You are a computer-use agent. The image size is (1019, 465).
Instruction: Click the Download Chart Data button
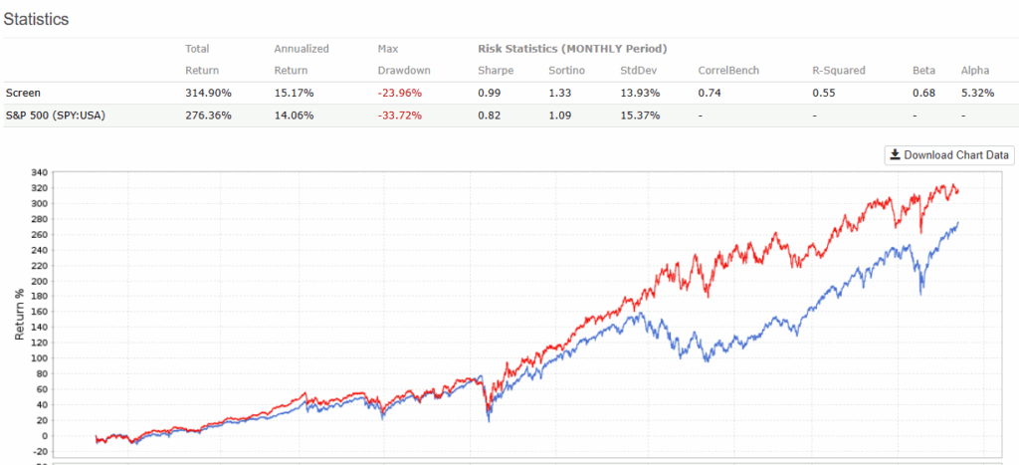[949, 154]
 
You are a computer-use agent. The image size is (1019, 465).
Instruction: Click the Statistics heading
[36, 19]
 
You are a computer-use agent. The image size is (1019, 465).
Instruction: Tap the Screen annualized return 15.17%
[295, 93]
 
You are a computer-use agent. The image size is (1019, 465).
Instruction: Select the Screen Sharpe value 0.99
[490, 93]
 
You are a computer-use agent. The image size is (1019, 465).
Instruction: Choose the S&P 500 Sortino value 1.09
[561, 116]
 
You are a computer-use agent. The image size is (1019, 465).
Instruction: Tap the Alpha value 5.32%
[977, 93]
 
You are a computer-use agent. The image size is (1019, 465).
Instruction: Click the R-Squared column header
[840, 71]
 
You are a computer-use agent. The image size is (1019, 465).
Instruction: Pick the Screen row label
[22, 93]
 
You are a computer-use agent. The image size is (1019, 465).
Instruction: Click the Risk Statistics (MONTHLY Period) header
[572, 48]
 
